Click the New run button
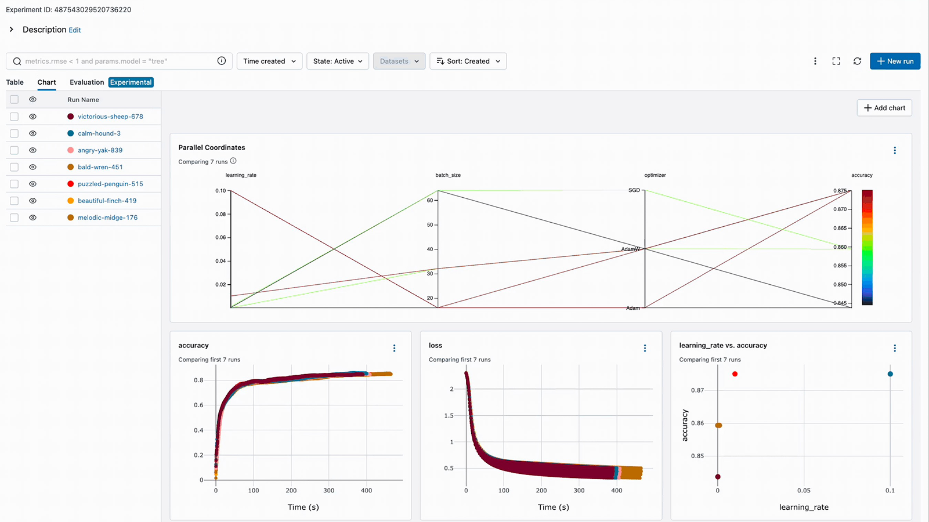click(895, 61)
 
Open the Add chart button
click(884, 108)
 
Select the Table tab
click(15, 82)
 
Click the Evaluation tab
click(86, 82)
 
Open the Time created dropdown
click(269, 61)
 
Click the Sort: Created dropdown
click(468, 61)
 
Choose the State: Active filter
click(338, 61)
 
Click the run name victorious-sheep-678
click(110, 117)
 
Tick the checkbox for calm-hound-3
click(15, 133)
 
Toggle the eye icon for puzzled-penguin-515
click(32, 184)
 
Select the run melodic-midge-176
click(107, 217)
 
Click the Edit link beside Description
click(75, 30)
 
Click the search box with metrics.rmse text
click(116, 61)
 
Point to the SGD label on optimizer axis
click(634, 190)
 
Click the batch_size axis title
click(448, 175)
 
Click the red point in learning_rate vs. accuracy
click(735, 374)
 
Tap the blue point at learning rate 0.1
click(890, 374)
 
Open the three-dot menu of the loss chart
click(645, 348)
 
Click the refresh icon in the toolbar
click(857, 61)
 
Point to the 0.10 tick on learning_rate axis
click(220, 191)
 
